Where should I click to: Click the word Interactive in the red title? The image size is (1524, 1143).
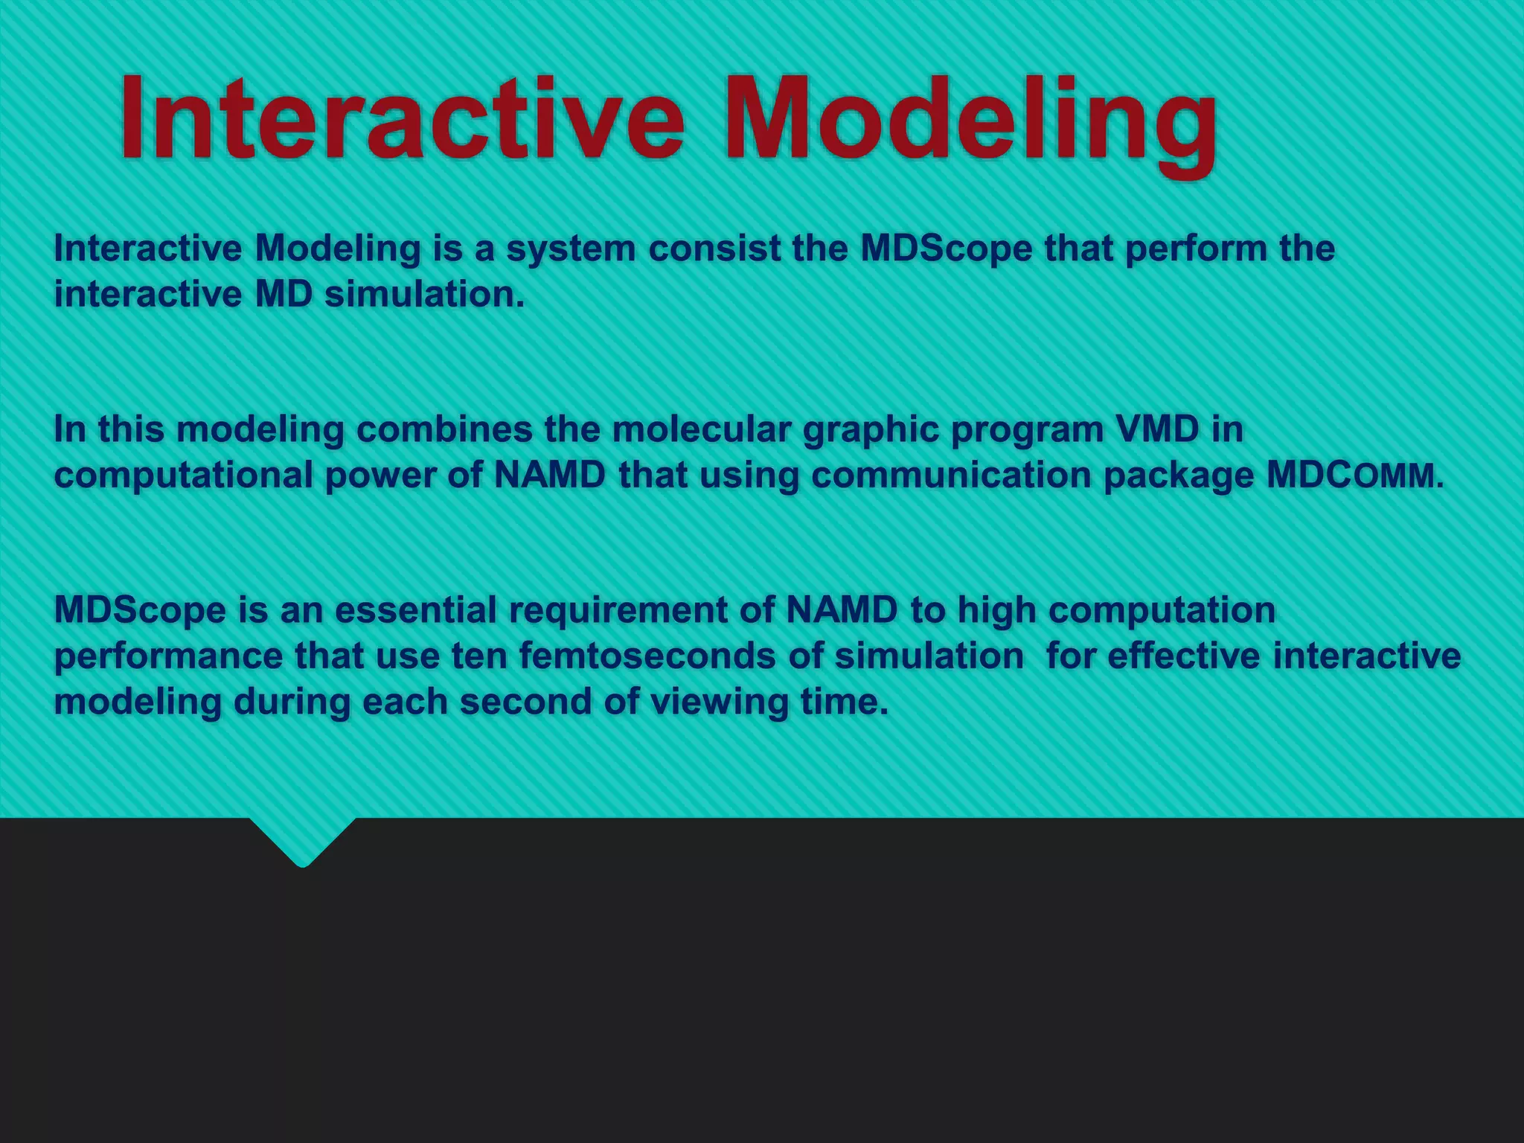[x=402, y=119]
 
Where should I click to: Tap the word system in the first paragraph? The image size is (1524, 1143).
[x=571, y=249]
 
